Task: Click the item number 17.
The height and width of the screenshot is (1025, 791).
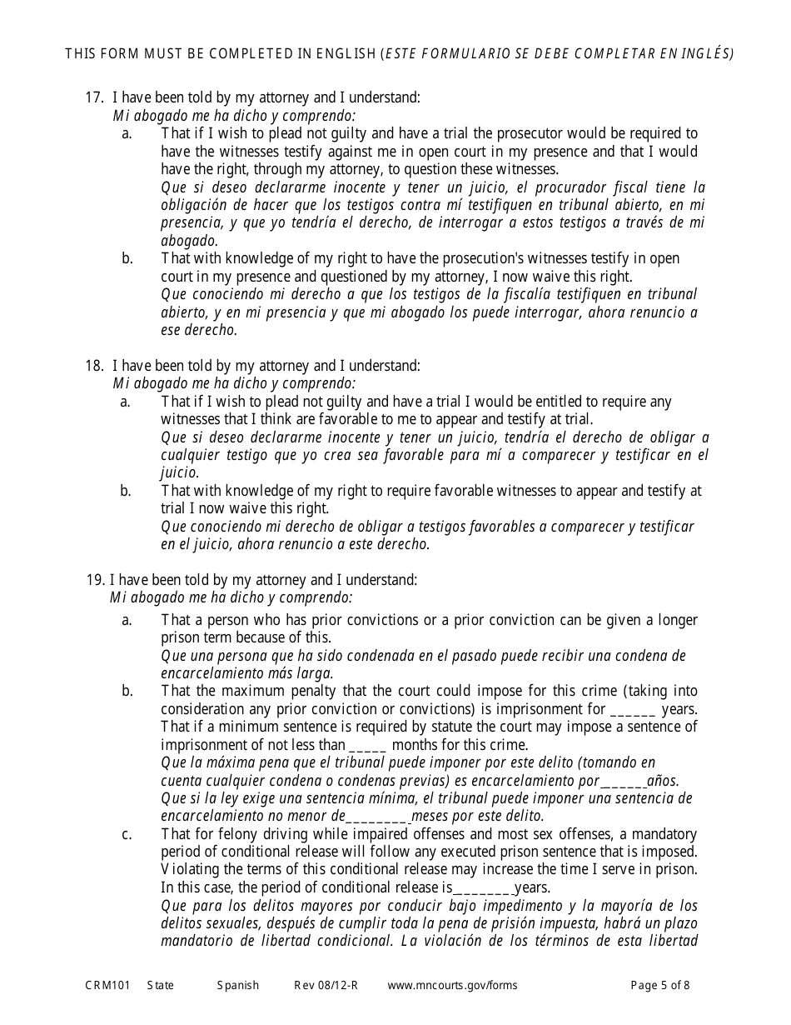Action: (x=93, y=97)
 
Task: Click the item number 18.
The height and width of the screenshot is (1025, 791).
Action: (x=93, y=366)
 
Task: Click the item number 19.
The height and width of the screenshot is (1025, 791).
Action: (x=93, y=580)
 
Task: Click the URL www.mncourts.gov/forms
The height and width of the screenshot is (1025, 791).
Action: (x=452, y=985)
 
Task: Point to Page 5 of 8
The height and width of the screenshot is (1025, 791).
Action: (x=660, y=985)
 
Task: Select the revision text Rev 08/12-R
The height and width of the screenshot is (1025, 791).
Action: (x=326, y=985)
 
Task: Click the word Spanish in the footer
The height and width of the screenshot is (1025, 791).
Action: (x=238, y=985)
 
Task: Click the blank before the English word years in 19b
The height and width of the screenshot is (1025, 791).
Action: (x=633, y=711)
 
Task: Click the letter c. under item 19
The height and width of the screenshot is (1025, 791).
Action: (x=127, y=835)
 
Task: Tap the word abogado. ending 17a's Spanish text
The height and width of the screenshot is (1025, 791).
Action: (x=189, y=241)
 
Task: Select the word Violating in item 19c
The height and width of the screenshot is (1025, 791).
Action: (x=190, y=870)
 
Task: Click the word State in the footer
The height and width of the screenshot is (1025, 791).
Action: (x=161, y=985)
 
